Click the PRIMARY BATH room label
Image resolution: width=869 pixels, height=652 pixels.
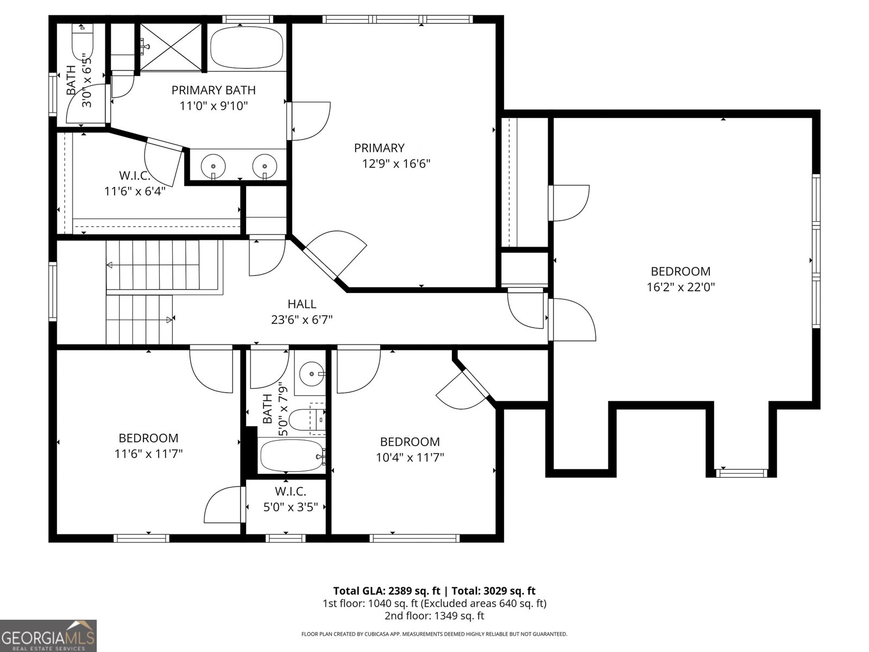[213, 90]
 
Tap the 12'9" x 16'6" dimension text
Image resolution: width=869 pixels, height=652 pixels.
[396, 164]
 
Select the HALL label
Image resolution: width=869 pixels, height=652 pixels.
[301, 304]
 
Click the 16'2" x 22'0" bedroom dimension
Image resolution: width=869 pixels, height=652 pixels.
[681, 287]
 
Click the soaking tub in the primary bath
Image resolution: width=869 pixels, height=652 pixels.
[247, 48]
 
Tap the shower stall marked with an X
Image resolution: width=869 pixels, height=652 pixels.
[171, 47]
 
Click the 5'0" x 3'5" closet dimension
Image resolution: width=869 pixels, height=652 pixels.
[290, 507]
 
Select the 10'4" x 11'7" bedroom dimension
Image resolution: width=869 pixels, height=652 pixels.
[410, 457]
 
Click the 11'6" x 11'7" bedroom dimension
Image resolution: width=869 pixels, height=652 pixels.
[148, 454]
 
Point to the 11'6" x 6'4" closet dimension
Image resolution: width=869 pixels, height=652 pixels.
[134, 191]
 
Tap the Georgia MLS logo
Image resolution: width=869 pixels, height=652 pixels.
[48, 635]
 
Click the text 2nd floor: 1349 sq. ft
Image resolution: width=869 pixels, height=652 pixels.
[434, 616]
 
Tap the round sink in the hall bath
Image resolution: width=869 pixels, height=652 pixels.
[311, 374]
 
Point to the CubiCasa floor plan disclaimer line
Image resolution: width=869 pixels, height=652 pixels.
[434, 634]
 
